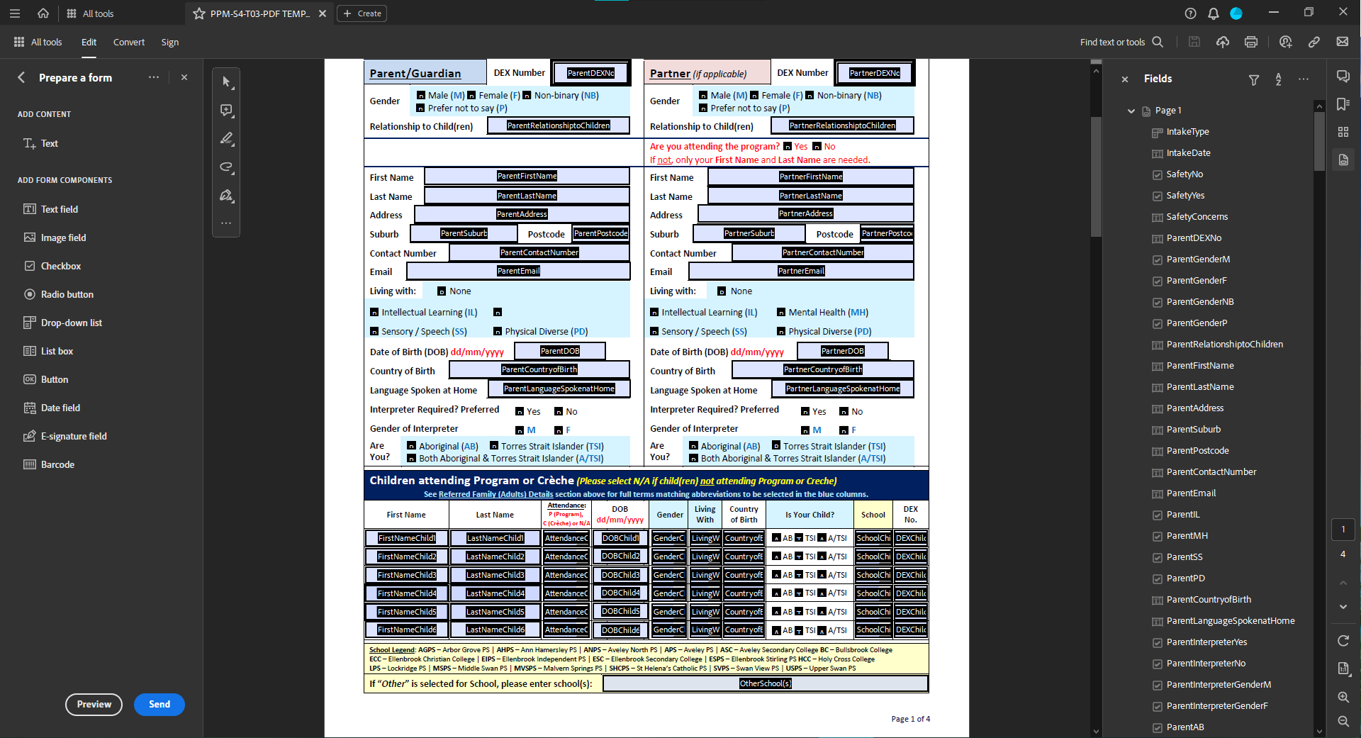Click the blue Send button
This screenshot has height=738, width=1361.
[x=159, y=704]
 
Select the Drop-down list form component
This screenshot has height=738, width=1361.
[x=71, y=323]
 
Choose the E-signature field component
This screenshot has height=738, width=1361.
[x=73, y=436]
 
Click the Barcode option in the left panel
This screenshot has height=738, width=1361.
[x=57, y=464]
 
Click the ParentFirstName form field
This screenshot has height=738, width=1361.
[x=527, y=176]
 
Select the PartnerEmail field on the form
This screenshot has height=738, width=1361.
[x=801, y=271]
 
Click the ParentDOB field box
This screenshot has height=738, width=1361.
[x=559, y=351]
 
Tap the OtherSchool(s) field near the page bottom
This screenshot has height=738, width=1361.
[x=765, y=683]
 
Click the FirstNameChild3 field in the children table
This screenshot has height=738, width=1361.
[x=407, y=575]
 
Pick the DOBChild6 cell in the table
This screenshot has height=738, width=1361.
[x=620, y=630]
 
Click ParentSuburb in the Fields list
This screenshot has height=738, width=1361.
[x=1193, y=429]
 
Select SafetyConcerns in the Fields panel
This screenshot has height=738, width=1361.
[x=1197, y=216]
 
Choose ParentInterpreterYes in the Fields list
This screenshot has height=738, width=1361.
[x=1206, y=642]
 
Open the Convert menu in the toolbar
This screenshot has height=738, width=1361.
[x=128, y=42]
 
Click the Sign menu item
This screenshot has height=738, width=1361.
[x=169, y=42]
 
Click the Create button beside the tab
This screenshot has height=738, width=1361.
[x=362, y=13]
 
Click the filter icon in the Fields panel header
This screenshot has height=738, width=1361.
[x=1253, y=79]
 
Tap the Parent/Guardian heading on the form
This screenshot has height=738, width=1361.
[x=415, y=73]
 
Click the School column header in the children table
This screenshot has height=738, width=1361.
[x=873, y=515]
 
